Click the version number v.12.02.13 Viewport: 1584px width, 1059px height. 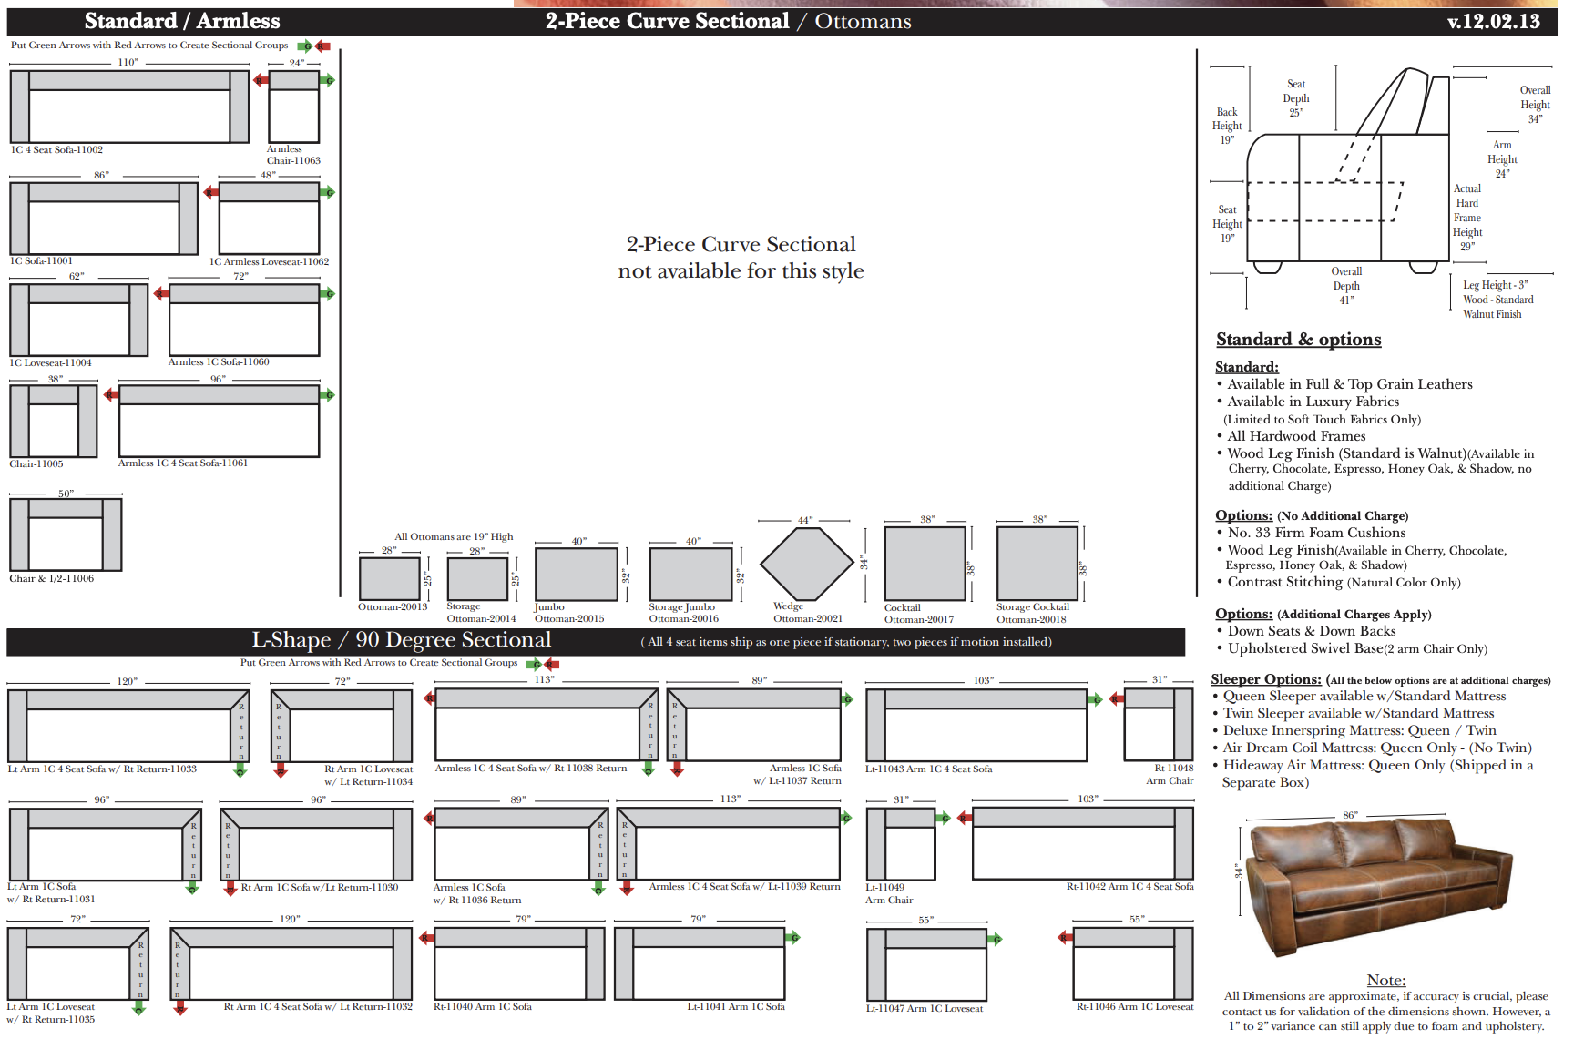click(x=1493, y=21)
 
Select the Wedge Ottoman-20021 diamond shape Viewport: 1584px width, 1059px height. click(x=804, y=564)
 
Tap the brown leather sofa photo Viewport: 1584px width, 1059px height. click(x=1378, y=882)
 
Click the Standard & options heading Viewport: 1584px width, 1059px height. click(x=1298, y=340)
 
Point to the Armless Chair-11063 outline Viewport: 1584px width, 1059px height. click(x=293, y=107)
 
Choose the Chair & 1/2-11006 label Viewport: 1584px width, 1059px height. click(x=52, y=579)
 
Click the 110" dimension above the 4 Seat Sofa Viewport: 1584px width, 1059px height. click(x=128, y=63)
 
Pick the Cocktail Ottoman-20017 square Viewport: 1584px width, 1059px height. click(x=925, y=564)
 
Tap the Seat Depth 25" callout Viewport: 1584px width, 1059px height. click(x=1295, y=98)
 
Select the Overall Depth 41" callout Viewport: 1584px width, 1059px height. click(x=1346, y=286)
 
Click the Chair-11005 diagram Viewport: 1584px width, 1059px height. click(x=54, y=421)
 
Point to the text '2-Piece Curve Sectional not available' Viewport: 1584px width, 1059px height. click(x=741, y=258)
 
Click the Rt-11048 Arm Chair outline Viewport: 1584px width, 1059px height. click(x=1158, y=724)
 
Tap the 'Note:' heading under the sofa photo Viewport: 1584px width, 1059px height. click(x=1385, y=980)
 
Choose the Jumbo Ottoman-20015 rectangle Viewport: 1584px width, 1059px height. click(x=576, y=575)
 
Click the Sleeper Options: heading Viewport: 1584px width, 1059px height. click(x=1265, y=679)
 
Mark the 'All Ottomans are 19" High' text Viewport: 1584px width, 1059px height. click(x=454, y=536)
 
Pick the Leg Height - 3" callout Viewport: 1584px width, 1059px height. click(x=1496, y=285)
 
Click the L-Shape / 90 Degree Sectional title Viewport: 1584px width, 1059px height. click(x=401, y=640)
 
